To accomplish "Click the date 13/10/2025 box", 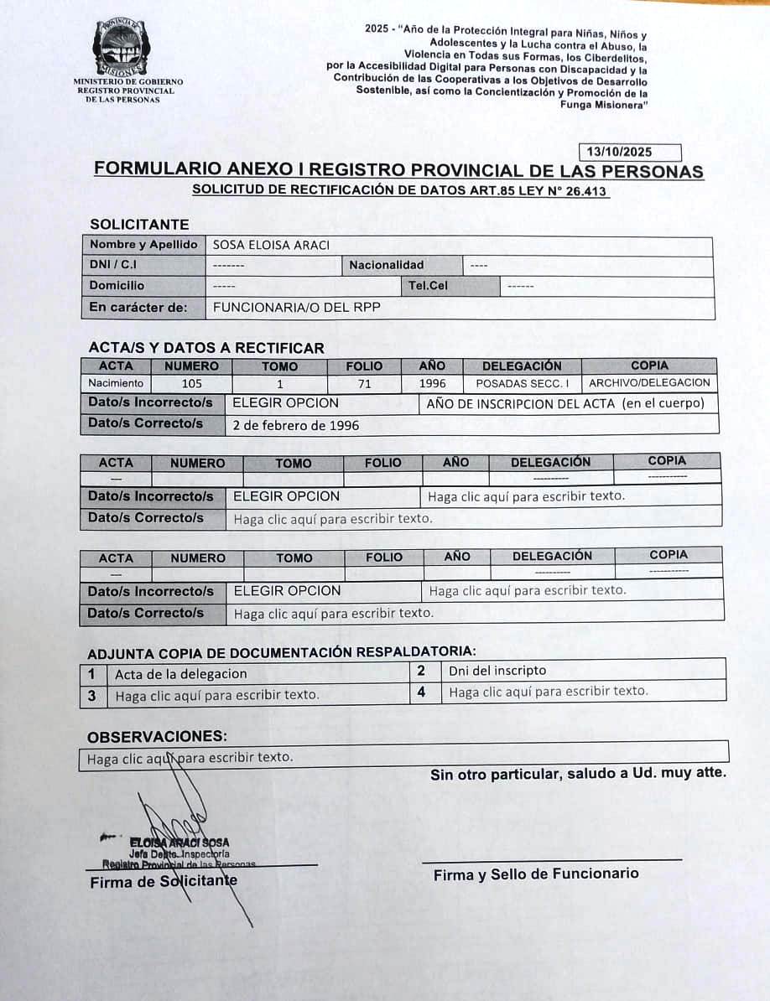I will (x=630, y=153).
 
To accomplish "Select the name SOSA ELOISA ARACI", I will (x=271, y=245).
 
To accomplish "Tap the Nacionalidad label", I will (x=387, y=265).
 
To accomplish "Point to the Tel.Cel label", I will (x=428, y=286).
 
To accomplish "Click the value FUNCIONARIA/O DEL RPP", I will (x=296, y=308).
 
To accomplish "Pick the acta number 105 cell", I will (x=191, y=383).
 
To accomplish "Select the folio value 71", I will (x=364, y=384).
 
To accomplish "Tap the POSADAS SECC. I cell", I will (x=522, y=383).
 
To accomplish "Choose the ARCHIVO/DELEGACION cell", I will (x=649, y=383).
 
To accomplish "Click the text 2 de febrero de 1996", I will (x=295, y=425).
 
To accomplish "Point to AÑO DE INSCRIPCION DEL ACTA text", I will (x=565, y=404).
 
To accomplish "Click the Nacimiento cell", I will (x=116, y=383).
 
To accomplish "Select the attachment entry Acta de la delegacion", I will (x=181, y=674).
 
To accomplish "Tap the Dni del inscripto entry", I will (x=497, y=670).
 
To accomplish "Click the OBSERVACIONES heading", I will (x=157, y=737).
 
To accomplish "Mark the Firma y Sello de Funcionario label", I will (x=535, y=874).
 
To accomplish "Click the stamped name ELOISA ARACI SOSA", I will (x=179, y=842).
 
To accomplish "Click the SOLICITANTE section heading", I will (x=139, y=225).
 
